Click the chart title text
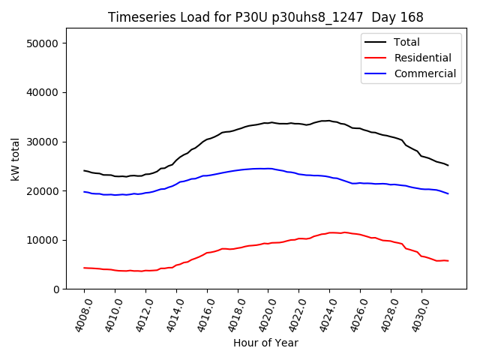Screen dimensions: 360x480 (265, 17)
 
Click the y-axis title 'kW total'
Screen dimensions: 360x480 (15, 158)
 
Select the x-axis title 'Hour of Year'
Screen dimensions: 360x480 (265, 343)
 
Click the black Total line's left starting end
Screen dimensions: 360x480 (84, 170)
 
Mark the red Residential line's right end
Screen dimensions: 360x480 (448, 261)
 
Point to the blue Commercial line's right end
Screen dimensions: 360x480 (448, 193)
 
